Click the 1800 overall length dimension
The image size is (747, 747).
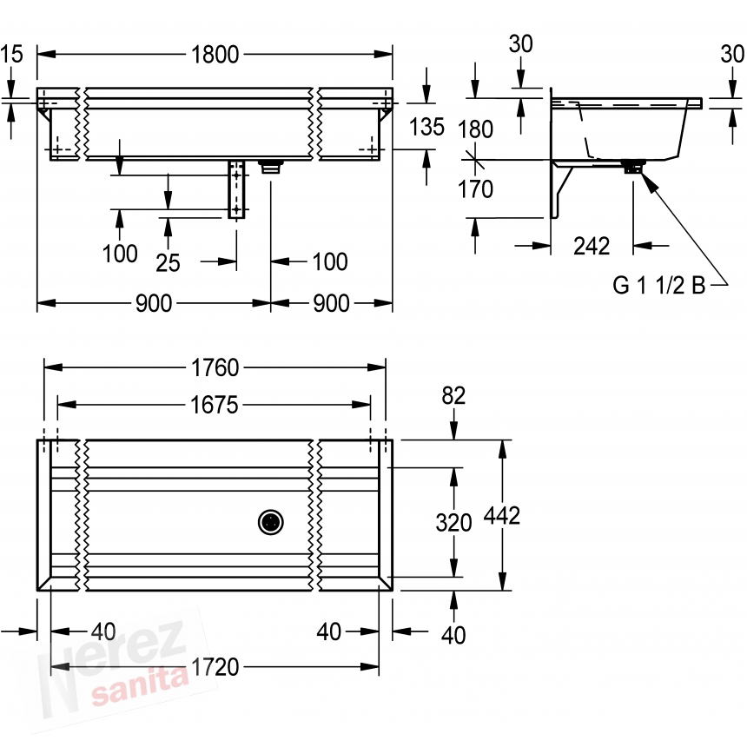click(x=215, y=55)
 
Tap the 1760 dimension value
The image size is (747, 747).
click(x=215, y=367)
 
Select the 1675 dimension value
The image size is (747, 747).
click(x=214, y=406)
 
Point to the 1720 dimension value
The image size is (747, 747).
click(x=215, y=667)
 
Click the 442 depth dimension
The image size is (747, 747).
click(x=502, y=515)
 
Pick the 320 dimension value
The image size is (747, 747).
click(x=453, y=523)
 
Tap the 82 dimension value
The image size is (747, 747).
click(x=453, y=395)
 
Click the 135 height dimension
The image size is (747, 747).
click(x=426, y=127)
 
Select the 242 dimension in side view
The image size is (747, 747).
click(x=592, y=247)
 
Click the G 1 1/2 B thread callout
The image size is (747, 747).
click(x=658, y=285)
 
